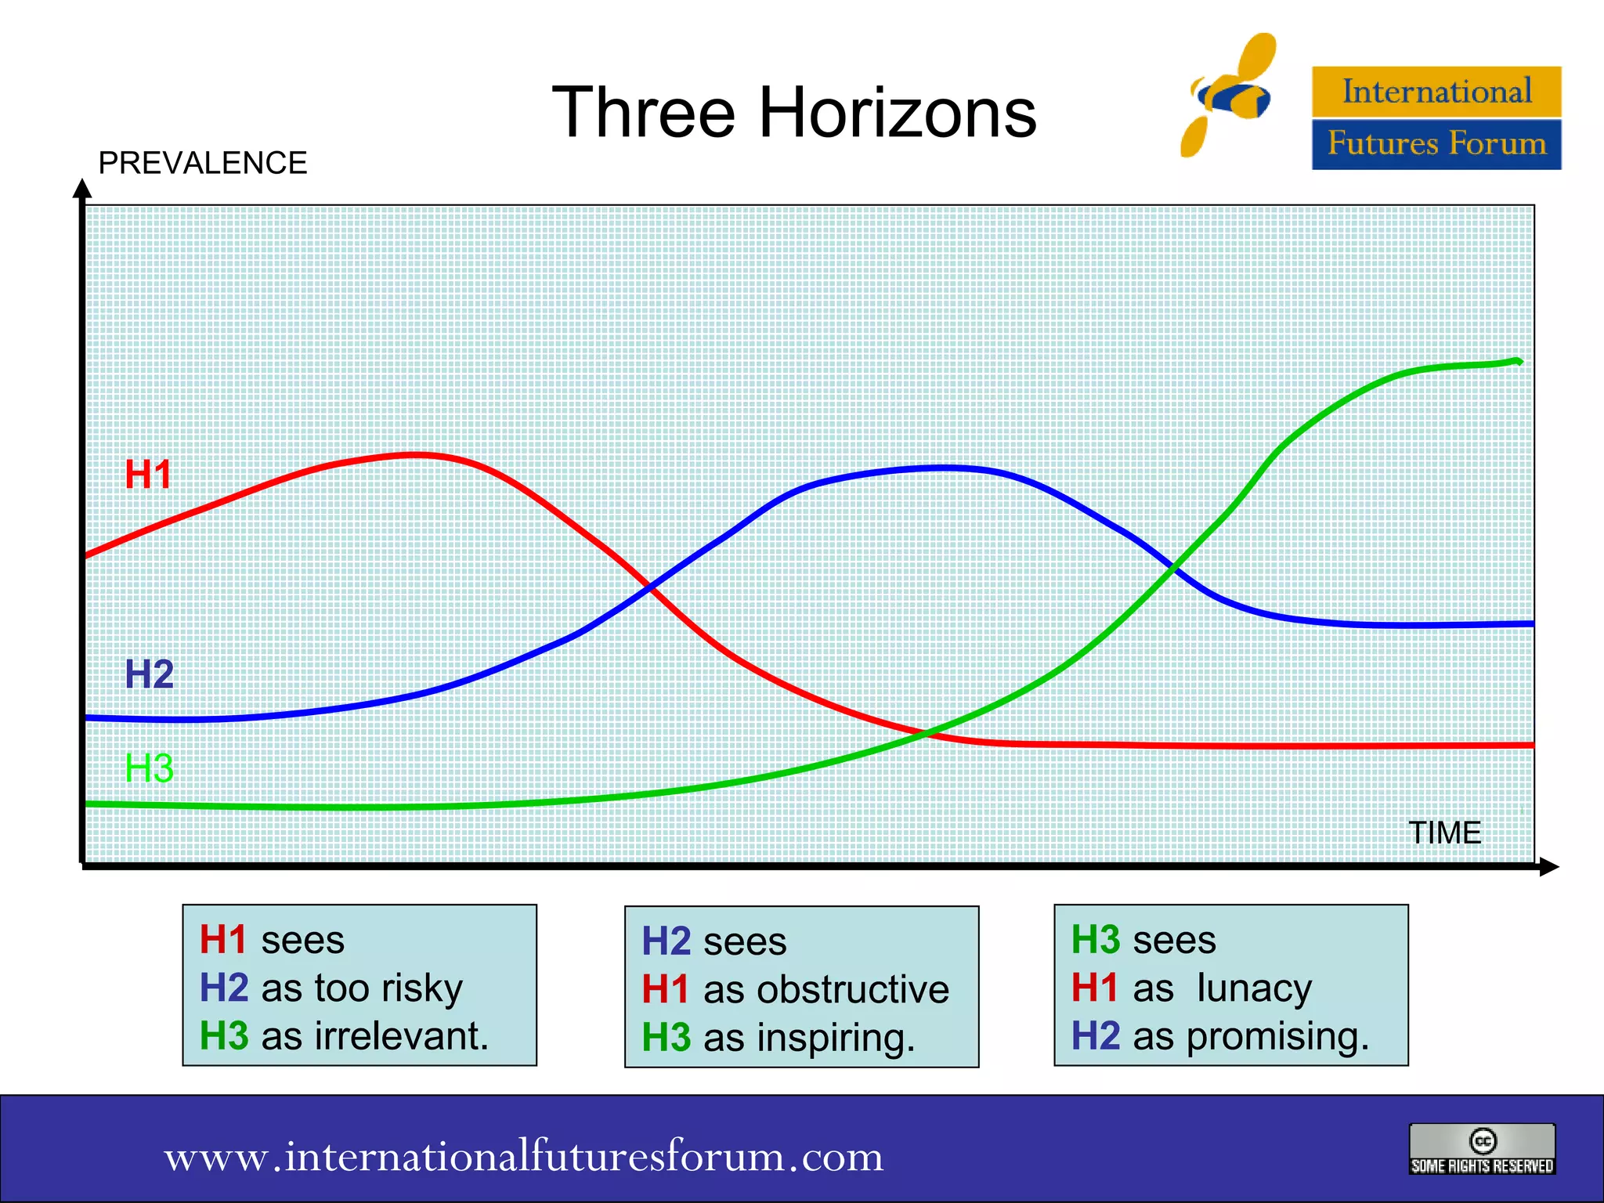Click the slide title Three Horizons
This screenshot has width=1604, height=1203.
[x=793, y=113]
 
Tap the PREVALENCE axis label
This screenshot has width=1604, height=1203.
[x=202, y=163]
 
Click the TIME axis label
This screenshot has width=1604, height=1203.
[x=1444, y=833]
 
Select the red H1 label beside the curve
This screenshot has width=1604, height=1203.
[x=148, y=475]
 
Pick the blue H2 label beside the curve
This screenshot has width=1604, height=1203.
[x=149, y=674]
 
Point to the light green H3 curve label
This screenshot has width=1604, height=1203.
[x=149, y=768]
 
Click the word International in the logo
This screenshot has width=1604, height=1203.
[x=1436, y=92]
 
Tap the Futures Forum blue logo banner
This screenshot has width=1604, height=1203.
[x=1436, y=144]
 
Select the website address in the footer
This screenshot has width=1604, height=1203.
[x=523, y=1156]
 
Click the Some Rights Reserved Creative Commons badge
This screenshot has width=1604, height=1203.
[x=1482, y=1149]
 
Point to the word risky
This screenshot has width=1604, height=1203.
[x=422, y=988]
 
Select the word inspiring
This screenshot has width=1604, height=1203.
[x=836, y=1038]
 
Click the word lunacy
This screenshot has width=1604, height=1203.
[x=1254, y=988]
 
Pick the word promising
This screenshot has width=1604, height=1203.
[x=1277, y=1036]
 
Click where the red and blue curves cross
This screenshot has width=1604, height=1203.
[x=649, y=586]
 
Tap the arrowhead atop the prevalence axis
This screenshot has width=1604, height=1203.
[x=82, y=189]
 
